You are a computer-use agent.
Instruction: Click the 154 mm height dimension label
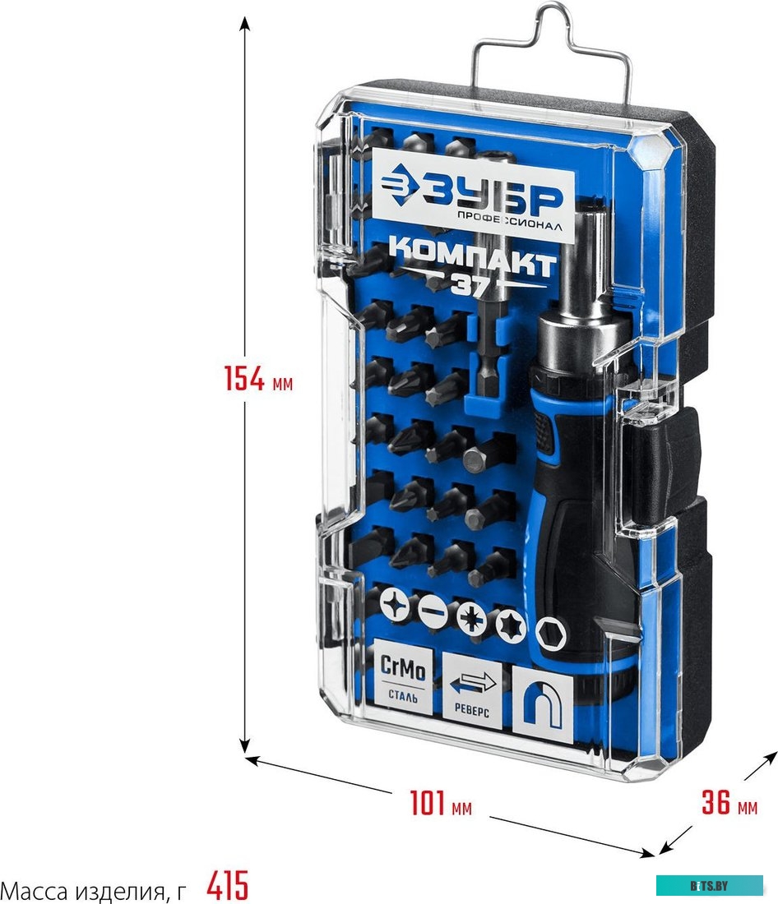point(258,379)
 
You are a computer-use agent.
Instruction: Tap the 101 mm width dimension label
point(440,803)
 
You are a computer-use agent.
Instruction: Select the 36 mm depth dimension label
point(729,802)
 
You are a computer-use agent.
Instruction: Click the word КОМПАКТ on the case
point(472,256)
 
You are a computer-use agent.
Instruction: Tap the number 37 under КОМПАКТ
point(470,284)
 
